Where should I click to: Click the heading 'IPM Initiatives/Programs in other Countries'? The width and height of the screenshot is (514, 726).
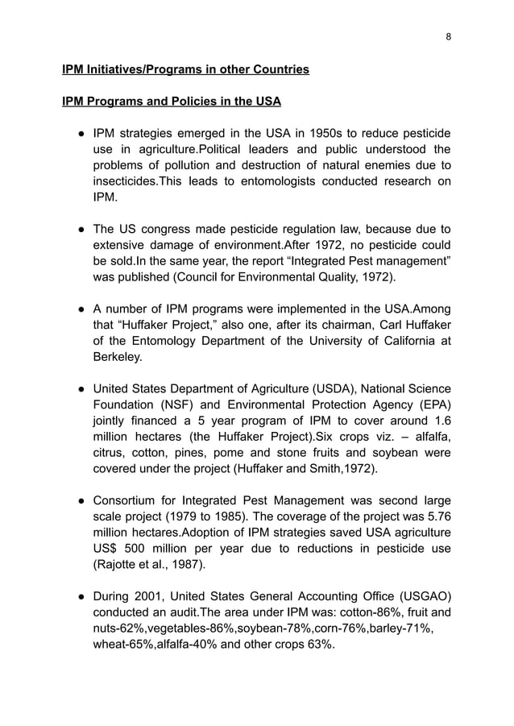point(185,70)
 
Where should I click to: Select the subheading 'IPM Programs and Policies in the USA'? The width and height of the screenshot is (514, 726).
point(172,102)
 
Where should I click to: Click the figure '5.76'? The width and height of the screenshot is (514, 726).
point(436,517)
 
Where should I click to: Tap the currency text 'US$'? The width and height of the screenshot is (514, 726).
point(110,550)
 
